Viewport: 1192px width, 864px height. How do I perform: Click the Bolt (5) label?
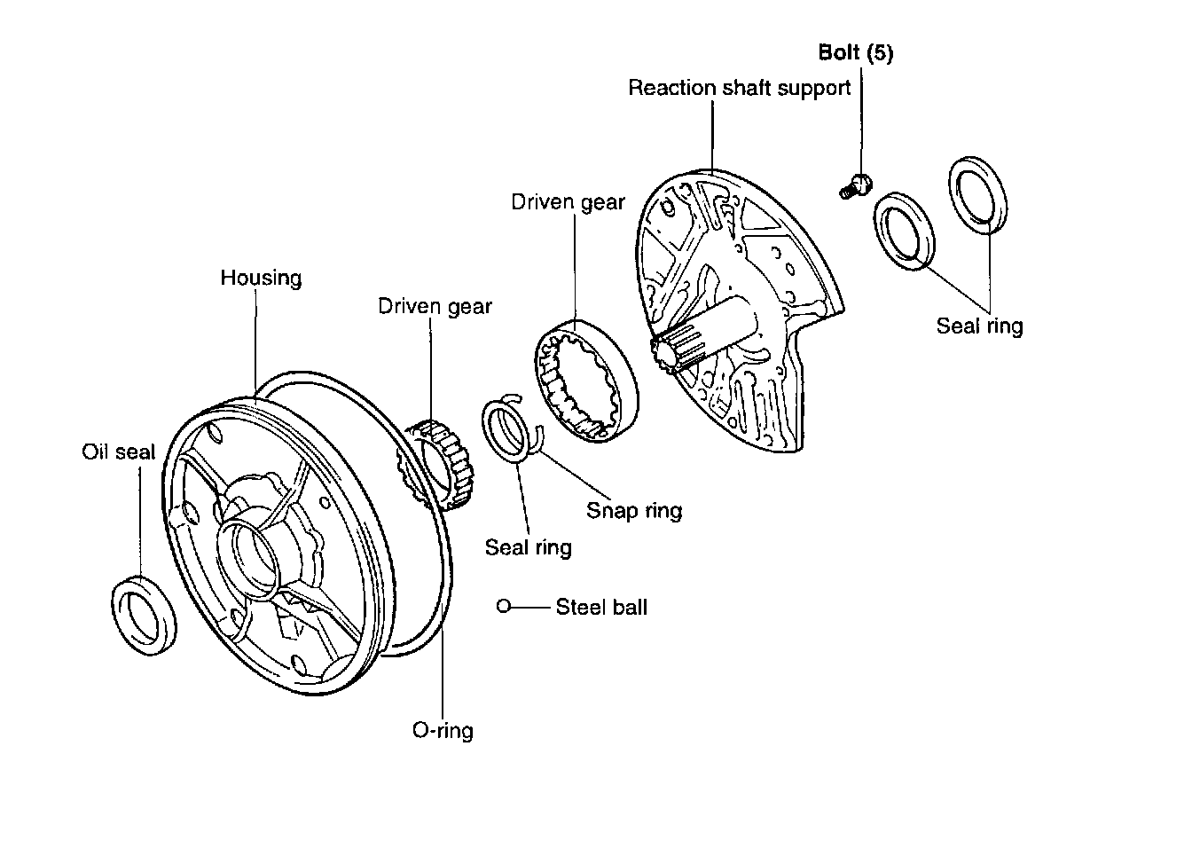tap(855, 53)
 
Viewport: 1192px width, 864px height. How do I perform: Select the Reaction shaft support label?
tap(739, 88)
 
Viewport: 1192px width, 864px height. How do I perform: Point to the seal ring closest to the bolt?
tap(905, 228)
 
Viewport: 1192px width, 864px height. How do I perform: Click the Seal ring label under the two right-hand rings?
tap(979, 326)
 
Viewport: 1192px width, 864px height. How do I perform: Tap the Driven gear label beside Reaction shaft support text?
tap(568, 202)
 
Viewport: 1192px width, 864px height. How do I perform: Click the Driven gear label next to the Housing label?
tap(435, 307)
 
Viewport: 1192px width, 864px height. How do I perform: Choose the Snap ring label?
tap(634, 510)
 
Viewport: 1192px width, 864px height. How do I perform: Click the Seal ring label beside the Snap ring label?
tap(528, 547)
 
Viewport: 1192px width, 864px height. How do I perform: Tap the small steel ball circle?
tap(504, 607)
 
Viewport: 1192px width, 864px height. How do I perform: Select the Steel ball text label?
tap(601, 608)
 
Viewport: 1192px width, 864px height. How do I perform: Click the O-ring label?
tap(443, 731)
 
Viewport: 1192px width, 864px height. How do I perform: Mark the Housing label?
tap(261, 278)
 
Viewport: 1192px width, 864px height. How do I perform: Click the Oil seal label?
tap(118, 452)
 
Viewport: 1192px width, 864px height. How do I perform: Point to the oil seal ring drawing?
tap(144, 615)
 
